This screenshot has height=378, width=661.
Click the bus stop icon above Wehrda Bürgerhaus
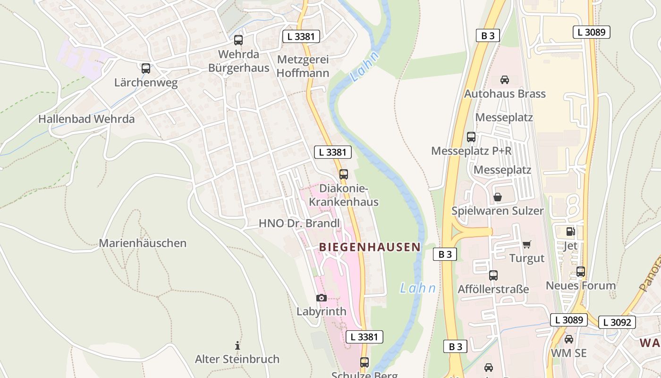click(x=238, y=40)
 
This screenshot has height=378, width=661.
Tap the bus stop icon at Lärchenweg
click(x=146, y=69)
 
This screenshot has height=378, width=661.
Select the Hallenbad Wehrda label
click(x=86, y=119)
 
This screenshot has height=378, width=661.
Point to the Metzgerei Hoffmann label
click(x=303, y=66)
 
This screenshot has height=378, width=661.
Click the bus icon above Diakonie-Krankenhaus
click(x=344, y=174)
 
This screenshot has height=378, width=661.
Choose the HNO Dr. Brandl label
click(x=299, y=223)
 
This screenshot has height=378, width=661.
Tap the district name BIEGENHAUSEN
click(x=370, y=247)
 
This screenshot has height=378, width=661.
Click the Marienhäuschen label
click(x=143, y=243)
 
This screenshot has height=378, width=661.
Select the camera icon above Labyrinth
click(x=322, y=298)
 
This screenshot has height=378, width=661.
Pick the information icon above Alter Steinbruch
click(x=237, y=345)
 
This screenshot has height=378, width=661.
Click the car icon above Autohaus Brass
click(x=505, y=80)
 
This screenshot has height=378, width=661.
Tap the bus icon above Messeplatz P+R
click(x=471, y=137)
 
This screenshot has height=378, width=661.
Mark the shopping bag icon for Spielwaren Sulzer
click(x=498, y=197)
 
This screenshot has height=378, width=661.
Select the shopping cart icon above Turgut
click(x=526, y=244)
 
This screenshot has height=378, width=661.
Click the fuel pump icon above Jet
click(x=570, y=232)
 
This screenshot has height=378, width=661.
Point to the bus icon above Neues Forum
click(x=581, y=272)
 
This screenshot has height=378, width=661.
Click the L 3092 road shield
click(x=617, y=322)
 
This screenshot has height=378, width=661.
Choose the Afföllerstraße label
click(x=493, y=289)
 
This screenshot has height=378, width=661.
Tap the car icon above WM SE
click(x=569, y=339)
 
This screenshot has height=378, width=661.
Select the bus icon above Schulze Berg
click(x=364, y=362)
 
